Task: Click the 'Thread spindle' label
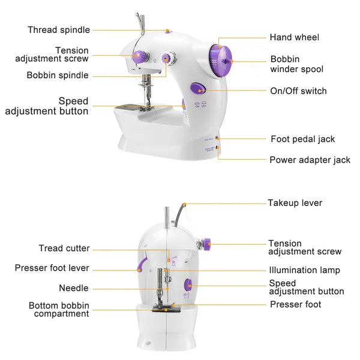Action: [x=59, y=30]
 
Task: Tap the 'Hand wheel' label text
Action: [x=294, y=37]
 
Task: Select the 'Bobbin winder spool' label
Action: [x=296, y=64]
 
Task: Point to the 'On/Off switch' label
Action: [x=298, y=91]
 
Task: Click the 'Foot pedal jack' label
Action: [x=302, y=139]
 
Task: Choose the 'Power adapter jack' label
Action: [x=310, y=160]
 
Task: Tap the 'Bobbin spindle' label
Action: [x=58, y=76]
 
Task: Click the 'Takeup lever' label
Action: [x=295, y=203]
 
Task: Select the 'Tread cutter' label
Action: [x=64, y=248]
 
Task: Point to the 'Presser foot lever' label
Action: [x=52, y=268]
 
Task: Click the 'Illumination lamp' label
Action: [x=304, y=271]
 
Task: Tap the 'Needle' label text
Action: [x=74, y=289]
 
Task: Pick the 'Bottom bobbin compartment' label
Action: [x=59, y=310]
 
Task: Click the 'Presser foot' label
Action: [x=295, y=305]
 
